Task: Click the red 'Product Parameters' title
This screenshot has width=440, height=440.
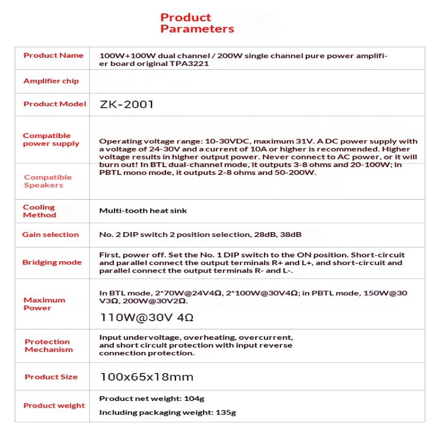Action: pos(197,23)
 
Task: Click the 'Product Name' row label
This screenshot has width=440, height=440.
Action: pos(53,56)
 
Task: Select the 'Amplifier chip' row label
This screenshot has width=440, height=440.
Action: pos(51,81)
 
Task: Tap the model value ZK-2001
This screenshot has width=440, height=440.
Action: pos(127,104)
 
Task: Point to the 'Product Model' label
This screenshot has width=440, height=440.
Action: pos(55,104)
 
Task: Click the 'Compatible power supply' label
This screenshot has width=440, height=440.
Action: pos(51,140)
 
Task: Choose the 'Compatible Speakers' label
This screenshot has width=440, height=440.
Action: pos(48,181)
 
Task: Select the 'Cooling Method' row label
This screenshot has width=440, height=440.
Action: pos(39,211)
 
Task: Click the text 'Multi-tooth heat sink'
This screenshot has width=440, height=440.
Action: pos(143,211)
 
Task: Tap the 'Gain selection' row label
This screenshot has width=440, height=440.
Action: pos(51,235)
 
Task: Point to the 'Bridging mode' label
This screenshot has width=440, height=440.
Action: pos(52,262)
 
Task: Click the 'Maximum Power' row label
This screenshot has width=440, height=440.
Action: pos(44,304)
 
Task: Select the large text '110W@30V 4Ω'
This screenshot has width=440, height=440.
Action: pos(146,318)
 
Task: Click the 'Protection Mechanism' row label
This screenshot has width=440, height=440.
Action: pos(48,345)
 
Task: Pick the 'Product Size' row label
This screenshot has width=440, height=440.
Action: pos(51,377)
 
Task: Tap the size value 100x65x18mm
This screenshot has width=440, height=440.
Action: pos(146,377)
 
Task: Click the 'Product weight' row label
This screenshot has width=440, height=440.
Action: pos(54,406)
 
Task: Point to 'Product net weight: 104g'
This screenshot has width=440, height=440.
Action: pos(152,398)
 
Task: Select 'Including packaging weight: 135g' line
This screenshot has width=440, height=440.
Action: pos(168,413)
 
